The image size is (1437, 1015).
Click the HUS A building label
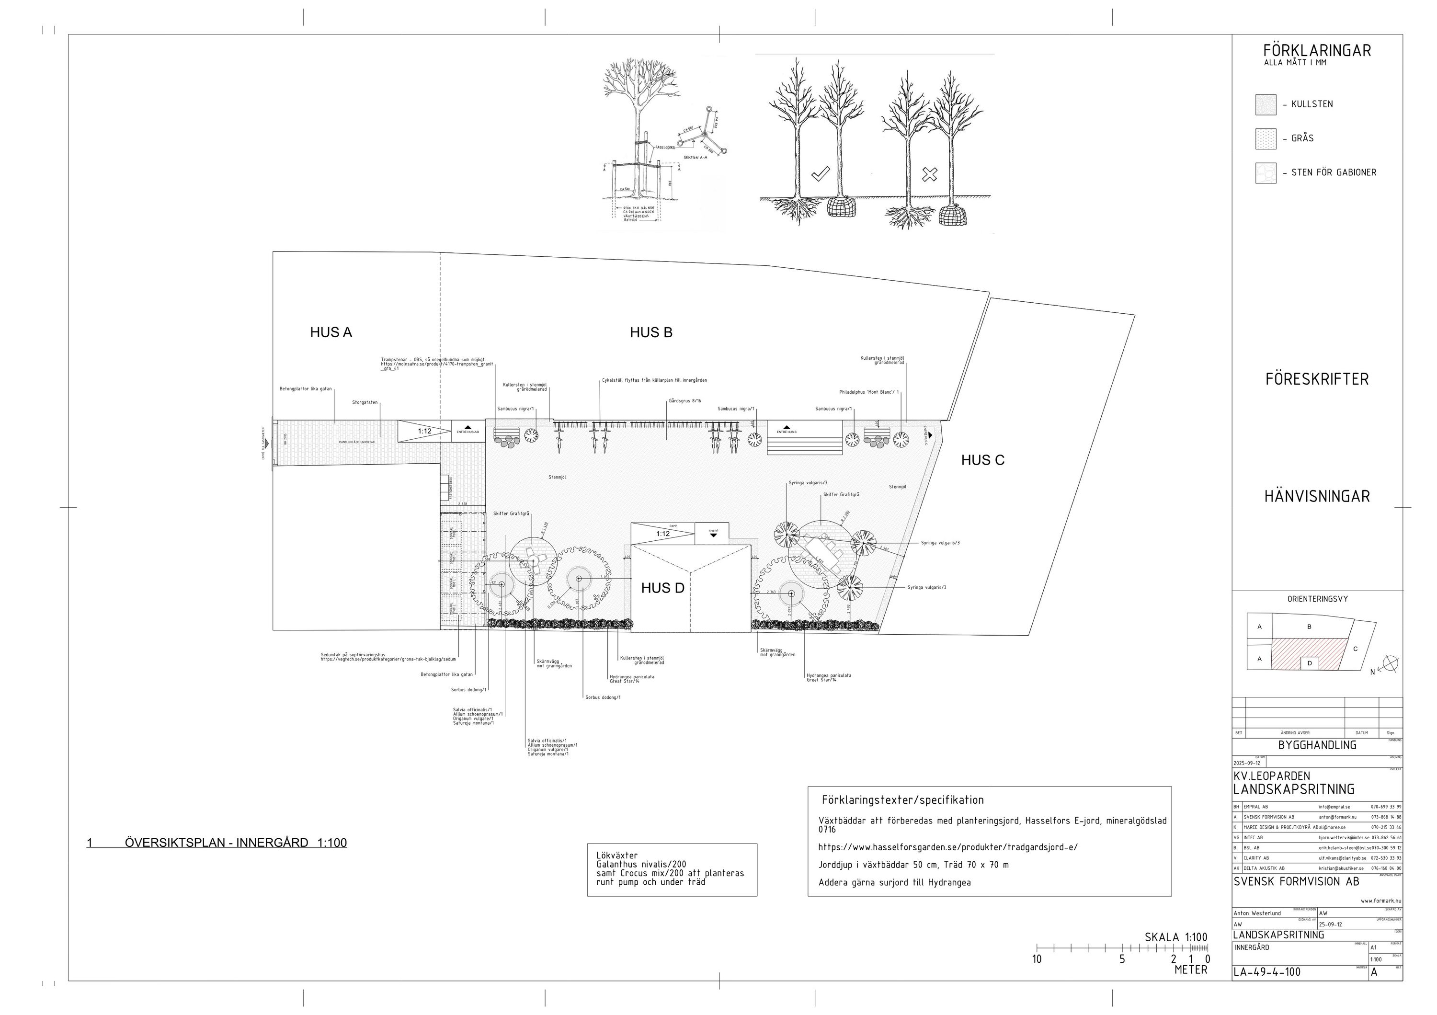click(x=331, y=332)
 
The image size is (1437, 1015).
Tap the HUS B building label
click(x=651, y=332)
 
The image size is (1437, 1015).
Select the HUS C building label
click(x=982, y=460)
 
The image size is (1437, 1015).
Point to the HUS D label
click(x=662, y=588)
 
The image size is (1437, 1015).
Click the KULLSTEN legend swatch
click(x=1266, y=104)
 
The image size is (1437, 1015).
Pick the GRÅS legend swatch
click(x=1266, y=138)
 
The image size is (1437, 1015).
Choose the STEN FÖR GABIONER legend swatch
click(x=1266, y=173)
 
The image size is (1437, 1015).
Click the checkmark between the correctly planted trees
click(x=820, y=174)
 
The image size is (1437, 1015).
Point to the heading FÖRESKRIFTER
click(x=1317, y=379)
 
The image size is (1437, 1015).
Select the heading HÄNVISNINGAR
click(x=1317, y=496)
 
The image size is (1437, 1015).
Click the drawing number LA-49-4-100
click(x=1267, y=972)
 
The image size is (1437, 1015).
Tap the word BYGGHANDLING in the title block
click(x=1317, y=745)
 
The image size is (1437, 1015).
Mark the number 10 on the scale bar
click(x=1037, y=959)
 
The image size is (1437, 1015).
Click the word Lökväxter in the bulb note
click(x=617, y=855)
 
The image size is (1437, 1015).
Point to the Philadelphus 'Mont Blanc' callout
click(x=869, y=392)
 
